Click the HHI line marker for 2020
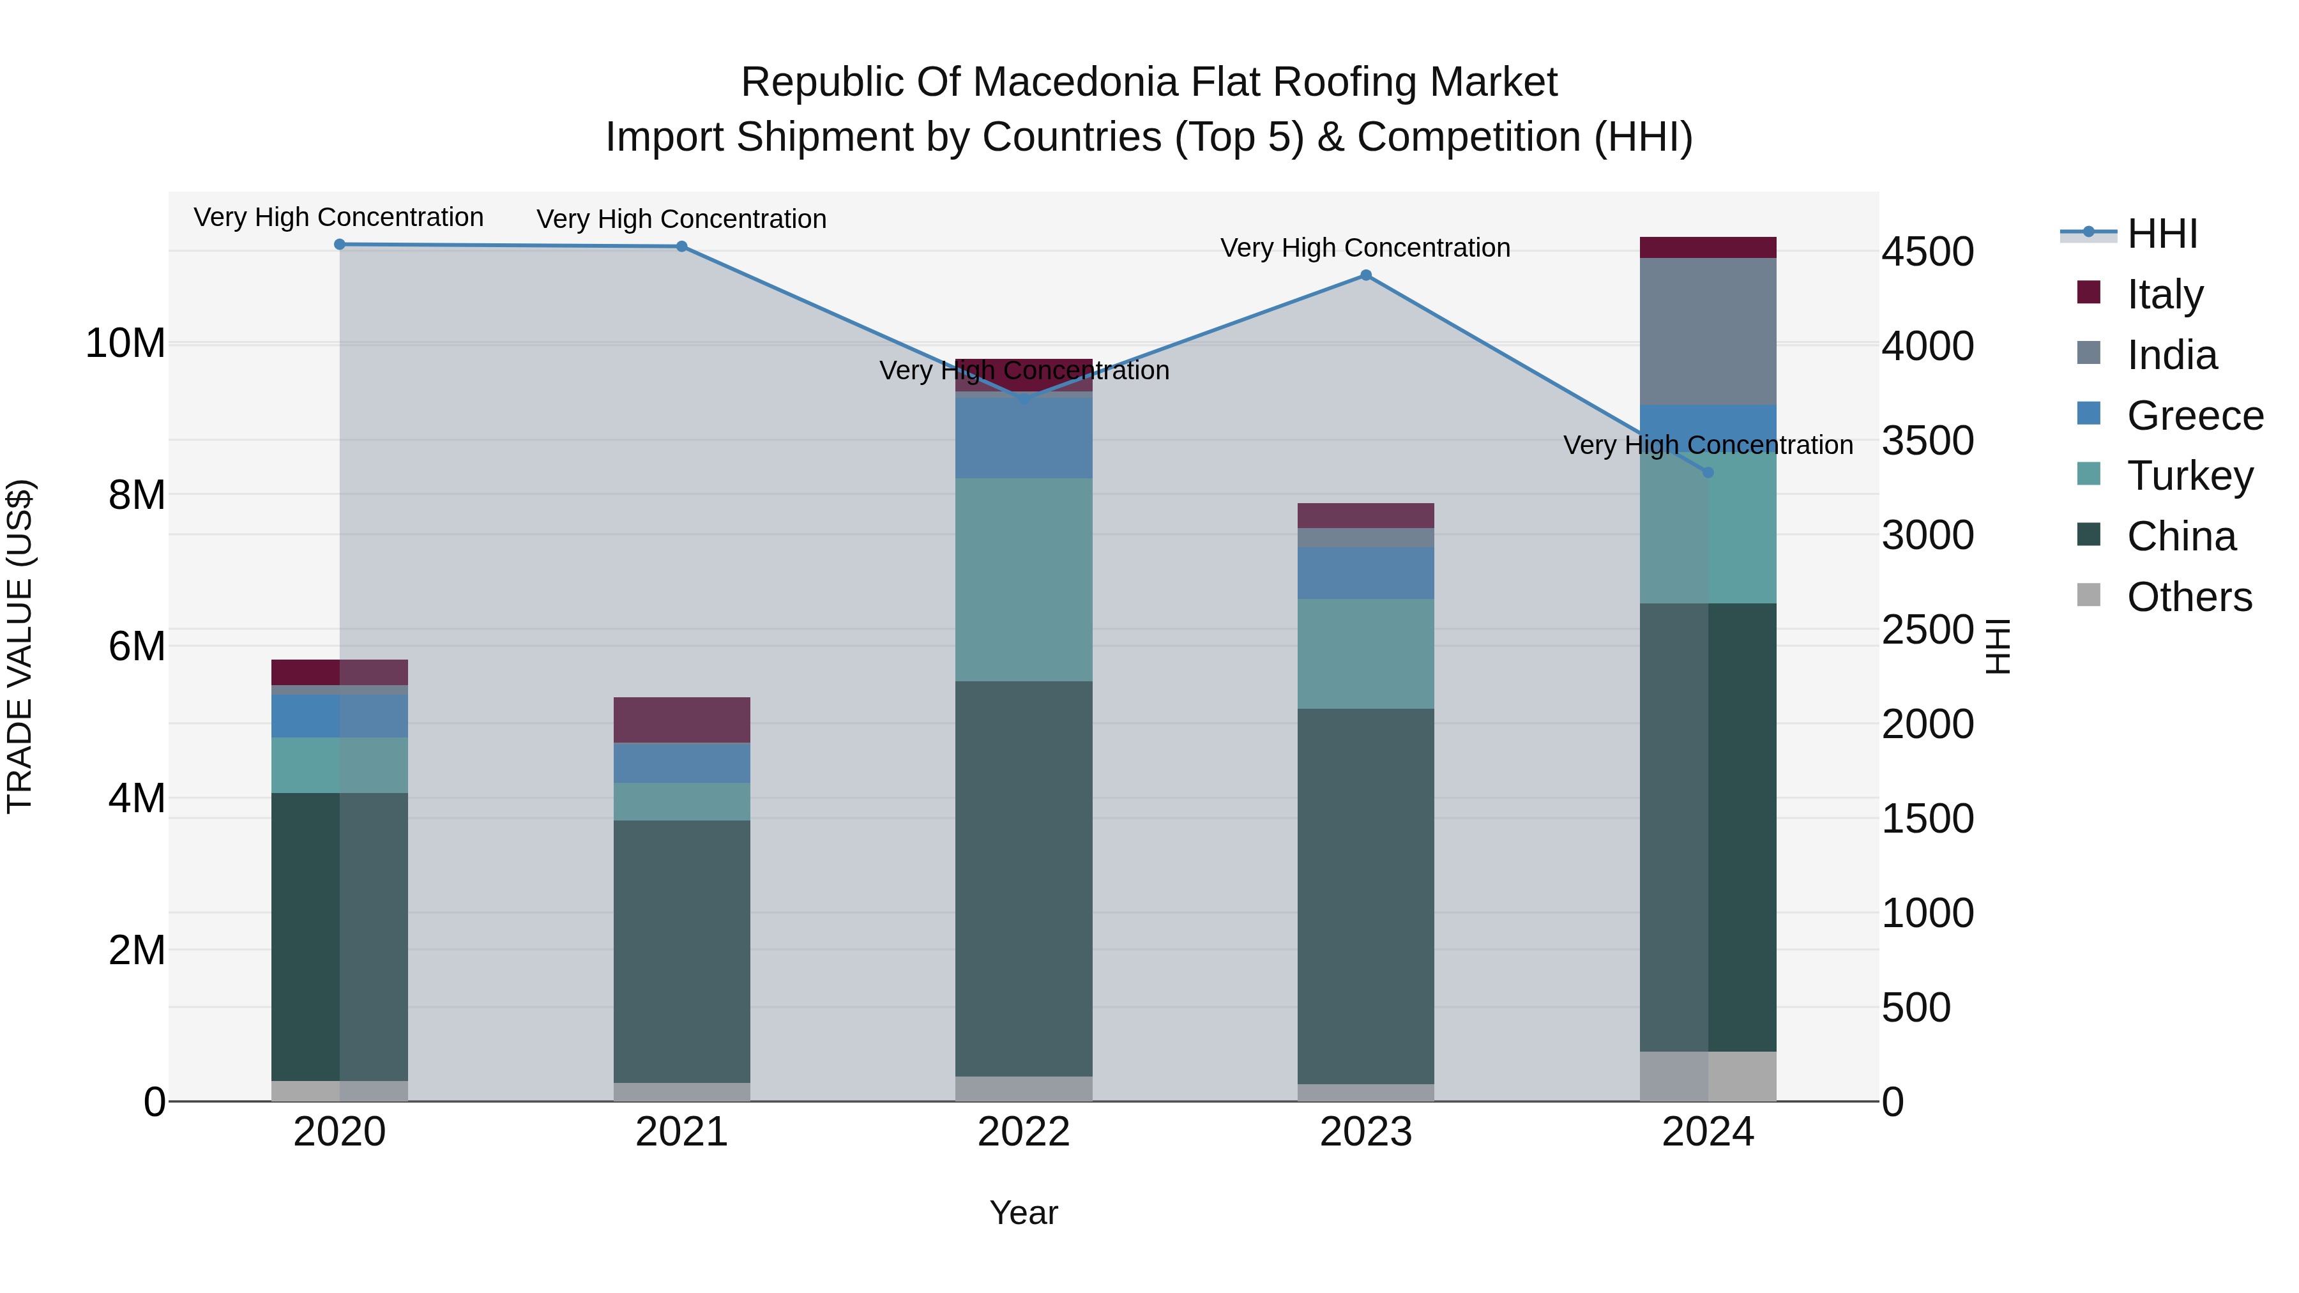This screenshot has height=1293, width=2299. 339,245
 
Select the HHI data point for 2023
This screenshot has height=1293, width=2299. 1365,276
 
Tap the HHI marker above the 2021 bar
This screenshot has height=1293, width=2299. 682,246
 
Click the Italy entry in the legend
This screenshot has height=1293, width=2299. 2164,294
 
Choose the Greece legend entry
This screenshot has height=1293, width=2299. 2194,415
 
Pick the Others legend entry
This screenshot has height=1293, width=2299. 2189,597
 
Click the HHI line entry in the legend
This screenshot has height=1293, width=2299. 2162,234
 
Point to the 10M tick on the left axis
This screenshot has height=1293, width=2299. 125,344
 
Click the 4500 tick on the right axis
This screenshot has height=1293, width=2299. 1928,252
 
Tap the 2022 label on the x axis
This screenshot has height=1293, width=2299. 1024,1132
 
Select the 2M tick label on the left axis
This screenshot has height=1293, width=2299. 137,950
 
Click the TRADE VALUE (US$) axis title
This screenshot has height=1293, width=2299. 20,646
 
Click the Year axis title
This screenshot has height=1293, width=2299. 1024,1213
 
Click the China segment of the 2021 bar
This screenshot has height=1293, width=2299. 682,950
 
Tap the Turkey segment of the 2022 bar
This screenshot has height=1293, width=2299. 1024,580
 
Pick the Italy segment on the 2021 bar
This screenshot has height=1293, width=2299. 682,720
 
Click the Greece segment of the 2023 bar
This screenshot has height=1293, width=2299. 1365,573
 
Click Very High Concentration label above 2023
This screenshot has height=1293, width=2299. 1365,248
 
